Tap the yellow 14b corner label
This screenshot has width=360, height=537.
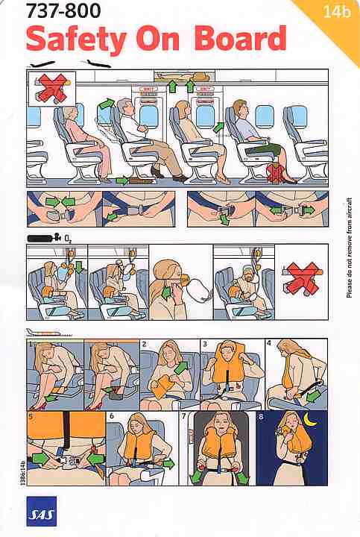click(x=334, y=12)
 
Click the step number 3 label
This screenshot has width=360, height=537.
click(x=204, y=344)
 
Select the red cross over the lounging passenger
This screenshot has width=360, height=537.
click(x=49, y=87)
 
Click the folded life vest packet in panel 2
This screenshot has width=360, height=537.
click(x=162, y=386)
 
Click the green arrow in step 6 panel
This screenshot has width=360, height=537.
click(x=167, y=464)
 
